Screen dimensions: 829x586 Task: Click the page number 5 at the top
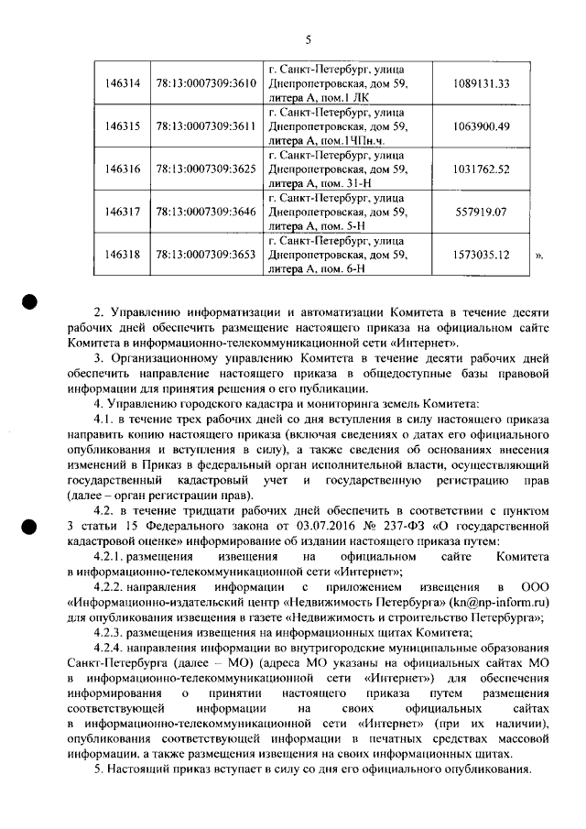[x=309, y=39]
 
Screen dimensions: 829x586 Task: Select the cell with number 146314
[x=123, y=83]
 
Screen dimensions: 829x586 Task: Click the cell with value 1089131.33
[x=481, y=83]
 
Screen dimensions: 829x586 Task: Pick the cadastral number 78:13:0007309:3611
[x=205, y=126]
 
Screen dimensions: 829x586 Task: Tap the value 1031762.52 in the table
[x=481, y=169]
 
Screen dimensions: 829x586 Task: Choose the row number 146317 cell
[x=123, y=212]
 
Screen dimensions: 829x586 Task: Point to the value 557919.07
[x=481, y=212]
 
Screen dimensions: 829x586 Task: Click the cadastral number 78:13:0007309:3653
[x=205, y=255]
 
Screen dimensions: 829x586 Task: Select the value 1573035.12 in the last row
[x=481, y=255]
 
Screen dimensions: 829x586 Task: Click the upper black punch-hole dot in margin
[x=30, y=301]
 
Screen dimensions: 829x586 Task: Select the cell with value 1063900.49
[x=481, y=126]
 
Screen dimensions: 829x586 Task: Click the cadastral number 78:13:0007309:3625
[x=205, y=169]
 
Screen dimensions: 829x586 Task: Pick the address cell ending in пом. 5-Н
[x=336, y=212]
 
